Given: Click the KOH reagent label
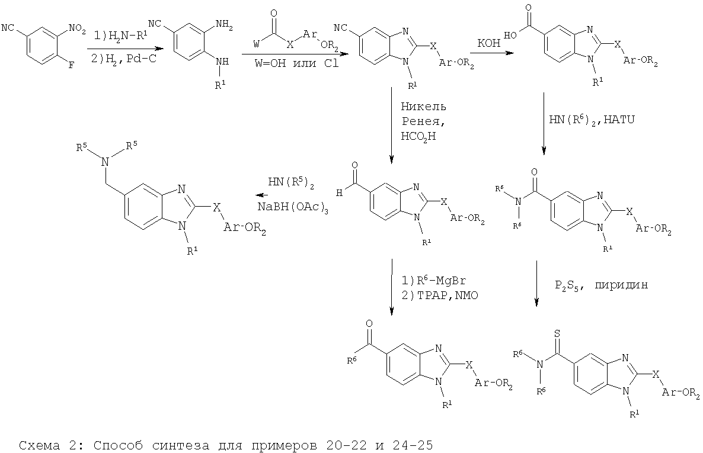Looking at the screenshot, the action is (x=489, y=43).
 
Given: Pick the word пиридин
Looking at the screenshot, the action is (x=621, y=285).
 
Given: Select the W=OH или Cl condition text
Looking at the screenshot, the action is (x=297, y=63).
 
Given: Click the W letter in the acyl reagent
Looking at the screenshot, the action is (x=257, y=43).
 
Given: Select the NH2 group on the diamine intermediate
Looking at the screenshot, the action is (x=224, y=27).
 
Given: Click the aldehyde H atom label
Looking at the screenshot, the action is (x=340, y=192).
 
